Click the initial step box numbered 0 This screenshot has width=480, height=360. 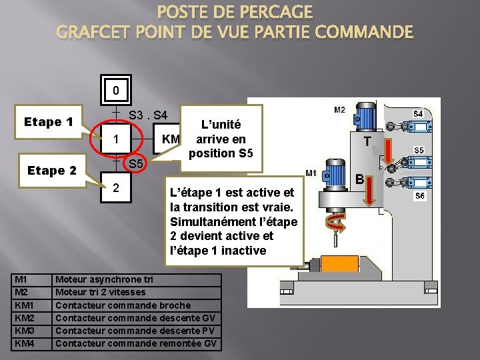116,90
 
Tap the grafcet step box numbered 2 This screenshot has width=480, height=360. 116,188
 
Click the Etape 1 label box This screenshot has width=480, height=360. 49,122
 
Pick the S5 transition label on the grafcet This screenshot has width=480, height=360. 136,164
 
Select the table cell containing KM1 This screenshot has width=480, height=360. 33,305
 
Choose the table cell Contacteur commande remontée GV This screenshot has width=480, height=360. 137,343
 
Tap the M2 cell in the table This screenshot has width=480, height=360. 33,293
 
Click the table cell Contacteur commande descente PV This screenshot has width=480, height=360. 137,331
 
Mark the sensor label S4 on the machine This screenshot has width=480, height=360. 418,114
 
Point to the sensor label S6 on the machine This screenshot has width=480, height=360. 419,196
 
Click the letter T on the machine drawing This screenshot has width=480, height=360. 367,141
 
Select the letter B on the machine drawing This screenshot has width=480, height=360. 358,179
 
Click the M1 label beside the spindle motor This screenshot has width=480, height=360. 311,173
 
